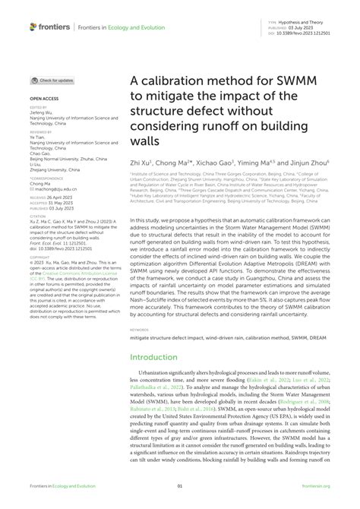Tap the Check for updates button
52,80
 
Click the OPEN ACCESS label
44,100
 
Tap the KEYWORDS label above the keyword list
141,330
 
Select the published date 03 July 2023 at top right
296,30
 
